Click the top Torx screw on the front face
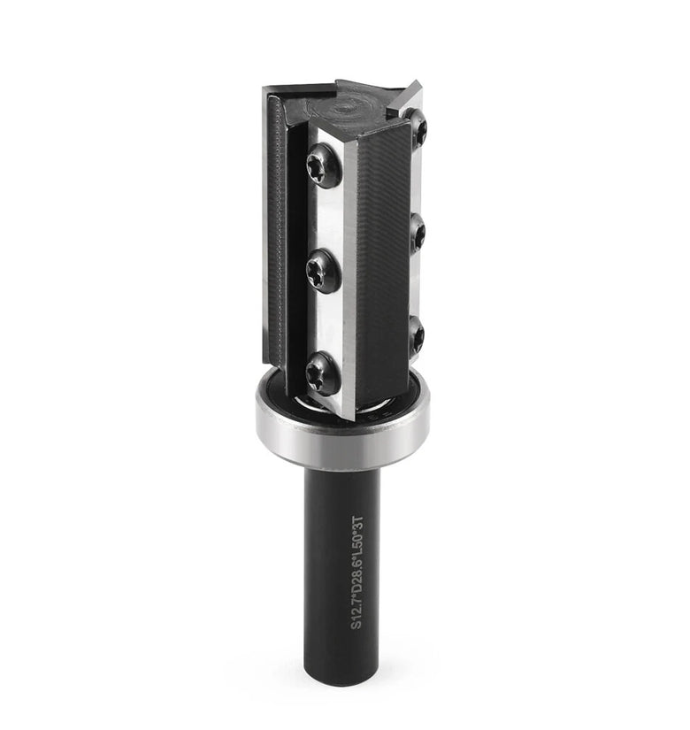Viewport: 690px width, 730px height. click(x=323, y=166)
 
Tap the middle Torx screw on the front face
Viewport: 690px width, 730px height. click(x=323, y=270)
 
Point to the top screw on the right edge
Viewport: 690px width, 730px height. click(x=418, y=130)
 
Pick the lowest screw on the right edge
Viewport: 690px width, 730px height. click(x=417, y=335)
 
